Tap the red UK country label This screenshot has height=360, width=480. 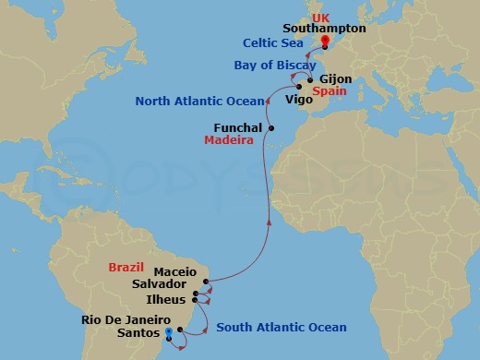(x=321, y=17)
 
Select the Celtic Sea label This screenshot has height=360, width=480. (x=275, y=43)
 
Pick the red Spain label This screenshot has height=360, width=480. (x=330, y=93)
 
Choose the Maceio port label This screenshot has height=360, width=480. (x=174, y=272)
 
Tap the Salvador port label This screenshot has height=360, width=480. (x=159, y=285)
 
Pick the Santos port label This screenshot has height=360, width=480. (x=136, y=333)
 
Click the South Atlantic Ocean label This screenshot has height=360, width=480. (x=281, y=328)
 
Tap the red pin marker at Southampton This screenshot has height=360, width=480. (x=325, y=41)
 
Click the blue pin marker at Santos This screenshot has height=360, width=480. (x=169, y=334)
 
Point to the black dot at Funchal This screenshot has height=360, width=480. (x=271, y=127)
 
